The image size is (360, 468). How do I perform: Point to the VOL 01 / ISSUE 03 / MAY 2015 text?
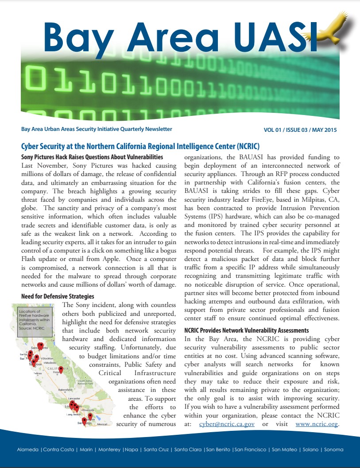pyautogui.click(x=300, y=130)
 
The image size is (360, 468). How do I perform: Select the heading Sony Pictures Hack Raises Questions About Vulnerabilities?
pyautogui.click(x=92, y=157)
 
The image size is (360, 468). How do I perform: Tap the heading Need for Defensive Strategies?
pyautogui.click(x=58, y=296)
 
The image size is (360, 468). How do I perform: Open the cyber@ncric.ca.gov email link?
pyautogui.click(x=227, y=424)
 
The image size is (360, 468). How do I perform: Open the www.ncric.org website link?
pyautogui.click(x=316, y=424)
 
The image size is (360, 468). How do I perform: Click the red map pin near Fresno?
pyautogui.click(x=61, y=369)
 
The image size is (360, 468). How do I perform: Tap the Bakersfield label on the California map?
pyautogui.click(x=65, y=390)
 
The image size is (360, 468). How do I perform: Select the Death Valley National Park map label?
pyautogui.click(x=85, y=382)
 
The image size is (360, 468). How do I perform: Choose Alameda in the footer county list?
pyautogui.click(x=27, y=449)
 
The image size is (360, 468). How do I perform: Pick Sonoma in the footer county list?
pyautogui.click(x=333, y=449)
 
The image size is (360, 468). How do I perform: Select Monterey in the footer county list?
pyautogui.click(x=109, y=449)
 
